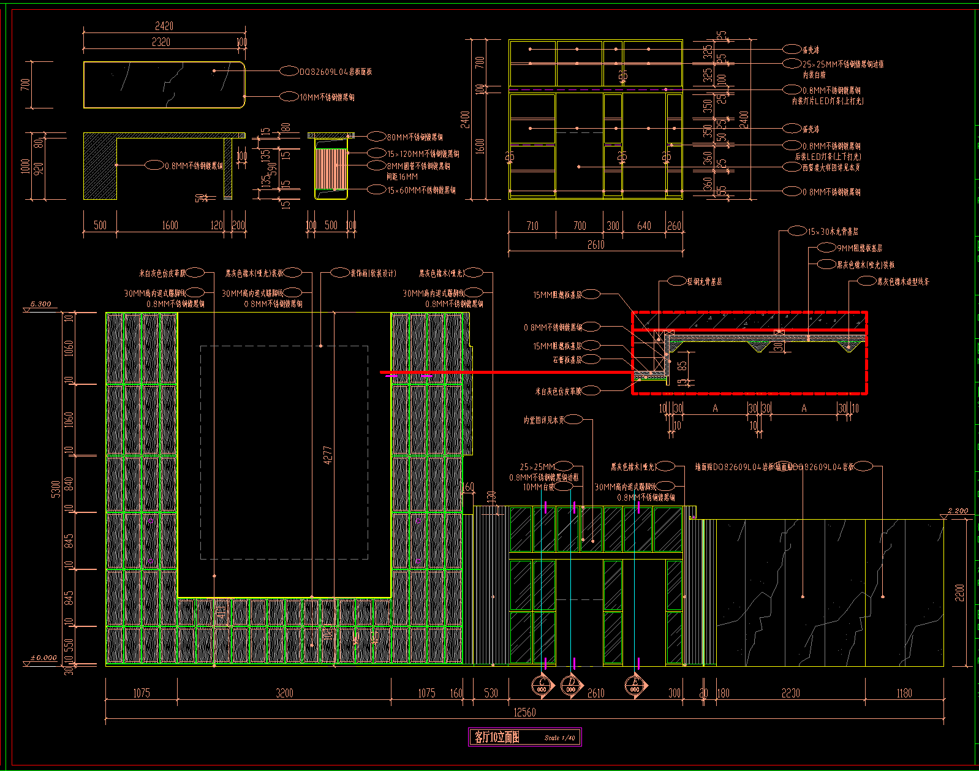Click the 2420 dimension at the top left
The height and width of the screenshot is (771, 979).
164,26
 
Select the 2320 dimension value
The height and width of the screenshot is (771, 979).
161,42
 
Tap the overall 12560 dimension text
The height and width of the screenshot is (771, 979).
524,712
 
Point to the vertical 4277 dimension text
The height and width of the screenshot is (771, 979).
328,455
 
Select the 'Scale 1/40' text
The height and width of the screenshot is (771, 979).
559,738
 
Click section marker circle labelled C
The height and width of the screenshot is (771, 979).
542,685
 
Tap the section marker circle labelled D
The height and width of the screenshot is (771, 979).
571,685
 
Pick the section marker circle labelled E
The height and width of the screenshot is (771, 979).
635,685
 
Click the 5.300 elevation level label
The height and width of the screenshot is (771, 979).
40,304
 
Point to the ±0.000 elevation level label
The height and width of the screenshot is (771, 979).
43,658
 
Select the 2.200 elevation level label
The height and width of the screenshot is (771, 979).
958,511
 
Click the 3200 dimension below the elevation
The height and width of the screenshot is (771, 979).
284,693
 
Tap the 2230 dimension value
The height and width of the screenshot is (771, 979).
790,693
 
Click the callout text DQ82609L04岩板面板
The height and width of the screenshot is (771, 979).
335,72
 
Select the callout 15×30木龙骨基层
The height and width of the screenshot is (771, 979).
832,232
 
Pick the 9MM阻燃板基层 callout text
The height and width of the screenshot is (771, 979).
859,248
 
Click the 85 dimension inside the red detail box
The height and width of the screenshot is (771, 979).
682,365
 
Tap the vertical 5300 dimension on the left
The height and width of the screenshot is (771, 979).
56,488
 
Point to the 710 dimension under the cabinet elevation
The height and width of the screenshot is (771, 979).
532,226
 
